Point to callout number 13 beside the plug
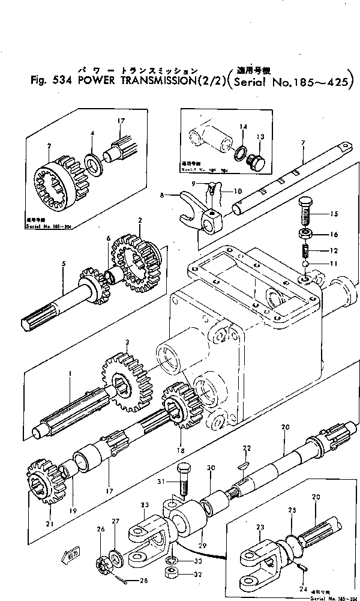[260, 137]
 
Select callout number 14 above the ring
[243, 127]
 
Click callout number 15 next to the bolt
[334, 214]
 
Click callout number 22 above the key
[246, 448]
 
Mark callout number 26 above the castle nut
[100, 530]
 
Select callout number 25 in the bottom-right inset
[293, 510]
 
